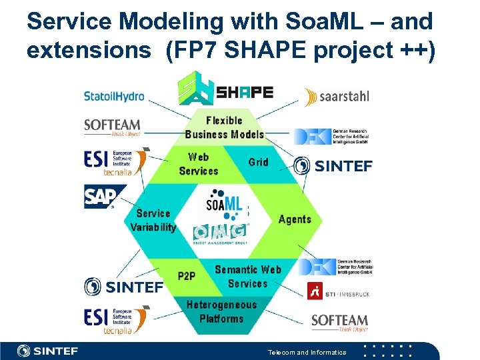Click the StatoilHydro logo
point(114,97)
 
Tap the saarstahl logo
point(336,97)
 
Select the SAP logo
point(101,197)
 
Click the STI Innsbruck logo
point(337,292)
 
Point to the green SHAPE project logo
point(225,92)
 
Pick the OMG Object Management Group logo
point(221,233)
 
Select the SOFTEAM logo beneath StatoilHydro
point(112,126)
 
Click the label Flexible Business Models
point(225,127)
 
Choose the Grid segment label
point(258,162)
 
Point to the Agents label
point(295,219)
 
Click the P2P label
point(187,276)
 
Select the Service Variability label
point(153,220)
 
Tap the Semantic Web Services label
point(247,276)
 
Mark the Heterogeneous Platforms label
point(221,311)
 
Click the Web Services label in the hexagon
point(199,164)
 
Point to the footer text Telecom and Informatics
point(307,352)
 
